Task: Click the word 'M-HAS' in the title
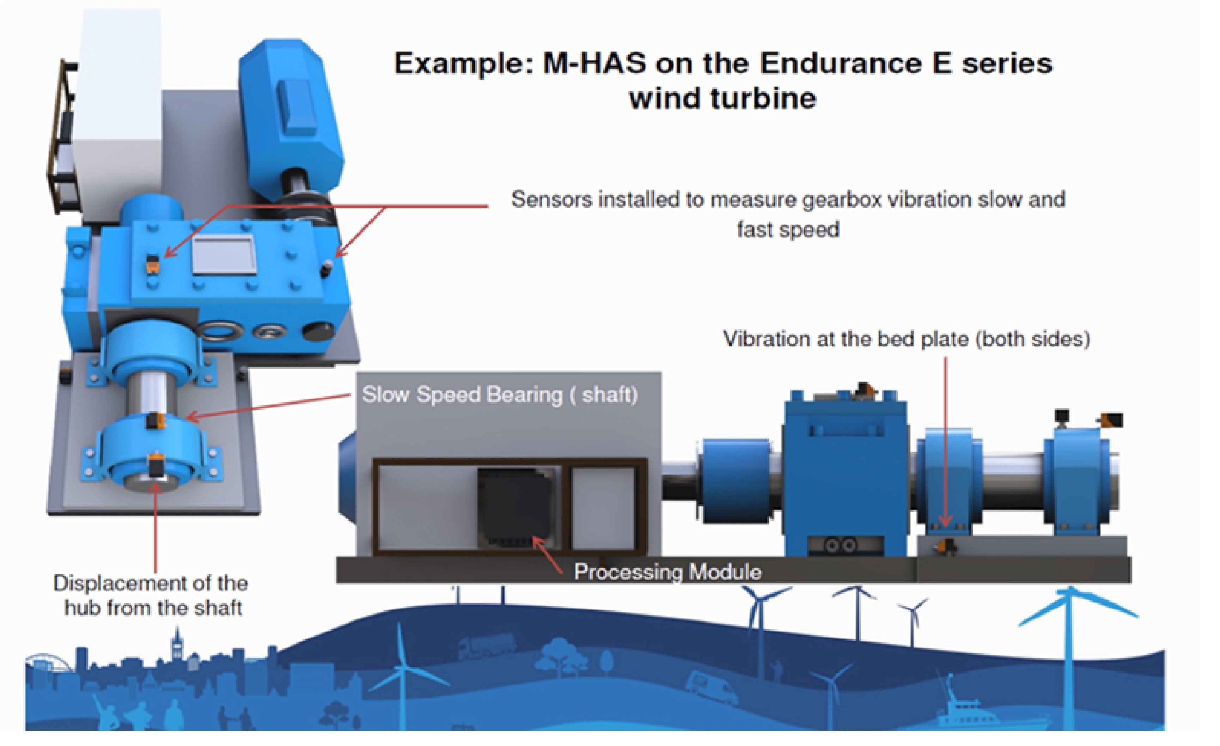(594, 64)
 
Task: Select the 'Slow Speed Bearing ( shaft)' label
(500, 395)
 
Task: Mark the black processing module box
(515, 508)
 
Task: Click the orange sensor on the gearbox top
(152, 265)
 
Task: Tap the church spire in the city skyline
(176, 643)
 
